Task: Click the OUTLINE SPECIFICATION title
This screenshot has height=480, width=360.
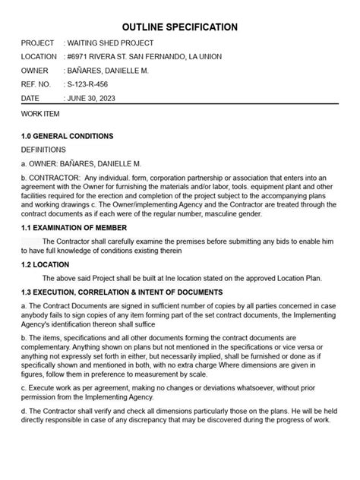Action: tap(180, 27)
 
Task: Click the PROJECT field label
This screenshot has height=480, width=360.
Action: tap(38, 43)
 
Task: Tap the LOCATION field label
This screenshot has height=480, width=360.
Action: tap(39, 57)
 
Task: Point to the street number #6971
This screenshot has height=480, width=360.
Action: tap(81, 57)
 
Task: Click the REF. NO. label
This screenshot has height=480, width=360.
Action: tap(36, 84)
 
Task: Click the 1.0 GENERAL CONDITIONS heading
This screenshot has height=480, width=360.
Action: tap(68, 136)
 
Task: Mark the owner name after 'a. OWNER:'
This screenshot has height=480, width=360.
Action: tap(103, 163)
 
